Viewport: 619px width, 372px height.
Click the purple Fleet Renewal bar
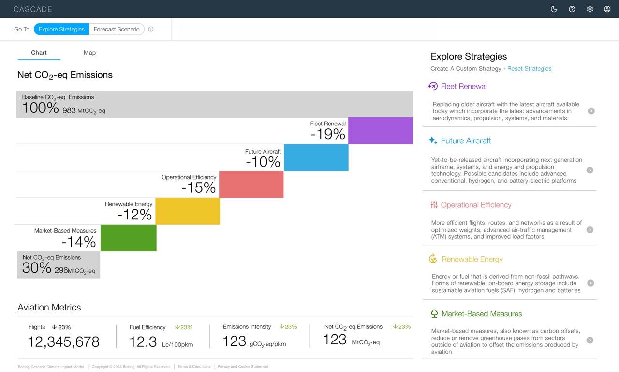point(380,131)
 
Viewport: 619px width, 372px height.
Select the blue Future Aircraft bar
point(316,157)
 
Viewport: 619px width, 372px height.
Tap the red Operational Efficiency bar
point(251,184)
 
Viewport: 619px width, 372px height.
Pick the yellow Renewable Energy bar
point(188,211)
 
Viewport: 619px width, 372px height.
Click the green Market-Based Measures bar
point(128,238)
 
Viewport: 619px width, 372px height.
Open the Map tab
point(89,53)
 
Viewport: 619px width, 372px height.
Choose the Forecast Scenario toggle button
point(117,29)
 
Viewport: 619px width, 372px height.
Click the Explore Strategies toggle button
point(61,29)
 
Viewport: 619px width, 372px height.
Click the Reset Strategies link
point(529,69)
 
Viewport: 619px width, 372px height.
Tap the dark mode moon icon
point(554,9)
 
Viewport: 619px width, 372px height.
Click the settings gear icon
point(590,9)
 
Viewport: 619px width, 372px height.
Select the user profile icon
point(607,9)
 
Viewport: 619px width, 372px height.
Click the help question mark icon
point(572,9)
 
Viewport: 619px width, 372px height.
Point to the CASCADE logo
point(32,9)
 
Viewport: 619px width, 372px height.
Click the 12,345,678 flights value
point(63,342)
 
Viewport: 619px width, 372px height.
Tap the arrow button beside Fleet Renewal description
point(591,111)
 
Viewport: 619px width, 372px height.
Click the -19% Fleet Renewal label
point(328,134)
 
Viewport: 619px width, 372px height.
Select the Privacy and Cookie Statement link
point(243,367)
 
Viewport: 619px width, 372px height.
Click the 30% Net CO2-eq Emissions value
point(37,268)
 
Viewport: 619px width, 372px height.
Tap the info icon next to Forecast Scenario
point(151,29)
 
